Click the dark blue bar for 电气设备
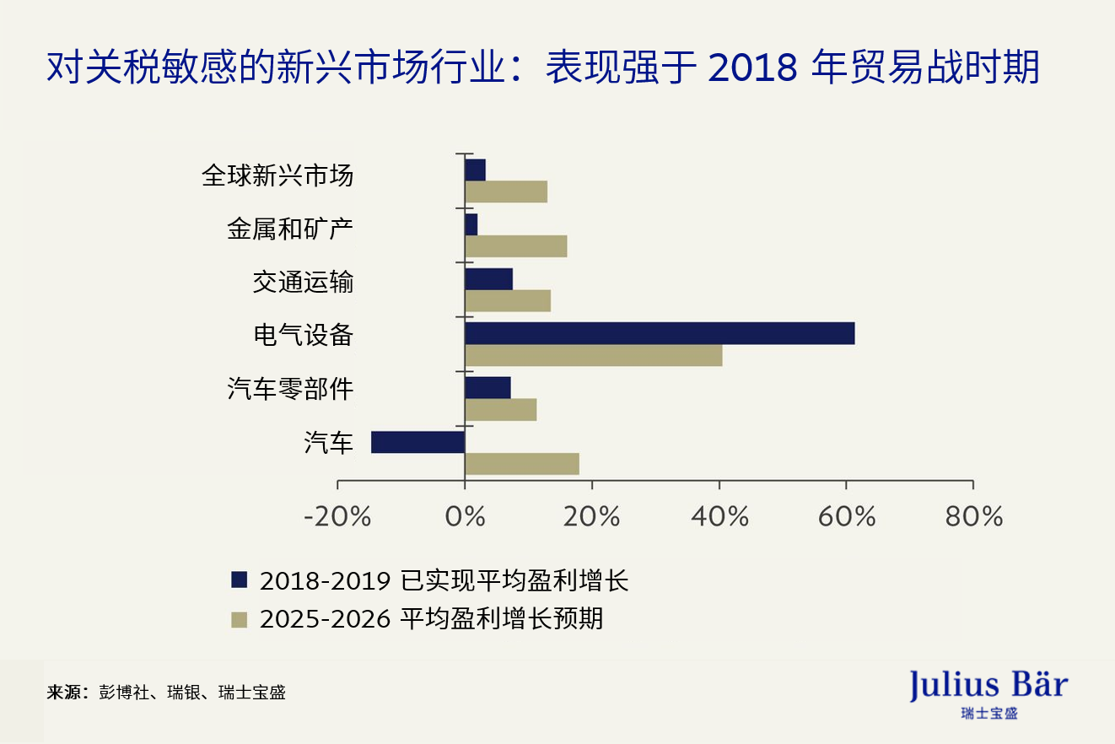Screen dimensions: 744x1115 coord(660,333)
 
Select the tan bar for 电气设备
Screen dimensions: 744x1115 coord(593,355)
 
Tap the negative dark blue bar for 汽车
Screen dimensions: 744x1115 coord(417,442)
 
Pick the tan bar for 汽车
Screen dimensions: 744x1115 coord(521,464)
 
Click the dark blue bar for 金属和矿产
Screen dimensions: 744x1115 coord(471,224)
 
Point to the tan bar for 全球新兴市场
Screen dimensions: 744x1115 coord(506,191)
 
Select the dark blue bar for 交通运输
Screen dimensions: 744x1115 coord(488,279)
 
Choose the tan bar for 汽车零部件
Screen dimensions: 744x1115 coord(500,410)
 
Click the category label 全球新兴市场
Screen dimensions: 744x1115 coord(277,175)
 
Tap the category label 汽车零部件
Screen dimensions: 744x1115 coord(290,389)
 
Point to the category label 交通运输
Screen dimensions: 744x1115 coord(303,282)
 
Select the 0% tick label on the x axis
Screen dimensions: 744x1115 coord(465,516)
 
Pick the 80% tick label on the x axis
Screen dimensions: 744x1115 coord(973,516)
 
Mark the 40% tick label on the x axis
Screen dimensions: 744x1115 coord(719,516)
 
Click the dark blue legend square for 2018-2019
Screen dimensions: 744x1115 coord(240,580)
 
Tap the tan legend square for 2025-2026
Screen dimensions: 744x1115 coord(240,620)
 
